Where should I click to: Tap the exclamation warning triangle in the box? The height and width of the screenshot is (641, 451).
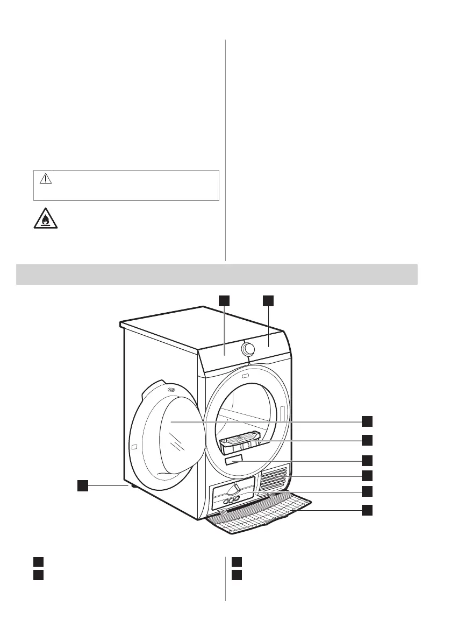[x=46, y=179]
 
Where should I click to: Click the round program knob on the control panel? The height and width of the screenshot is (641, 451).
[x=248, y=349]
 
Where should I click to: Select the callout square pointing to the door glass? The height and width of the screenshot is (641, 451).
[x=367, y=420]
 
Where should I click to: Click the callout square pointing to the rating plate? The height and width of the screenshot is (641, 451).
[x=367, y=460]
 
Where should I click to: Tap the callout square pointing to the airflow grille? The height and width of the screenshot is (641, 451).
[x=367, y=475]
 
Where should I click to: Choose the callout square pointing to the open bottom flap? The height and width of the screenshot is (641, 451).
[x=367, y=510]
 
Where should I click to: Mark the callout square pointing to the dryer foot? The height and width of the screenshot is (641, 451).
[x=82, y=486]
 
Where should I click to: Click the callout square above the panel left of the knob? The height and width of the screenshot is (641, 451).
[x=224, y=300]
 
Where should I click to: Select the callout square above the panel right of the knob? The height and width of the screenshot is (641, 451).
[x=268, y=300]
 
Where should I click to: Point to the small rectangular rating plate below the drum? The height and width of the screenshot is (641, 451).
[x=235, y=462]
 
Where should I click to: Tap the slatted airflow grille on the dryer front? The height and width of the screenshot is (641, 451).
[x=275, y=478]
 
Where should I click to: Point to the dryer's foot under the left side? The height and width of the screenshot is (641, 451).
[x=130, y=485]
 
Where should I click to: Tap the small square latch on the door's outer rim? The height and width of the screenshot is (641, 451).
[x=134, y=448]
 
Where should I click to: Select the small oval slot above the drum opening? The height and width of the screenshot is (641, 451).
[x=246, y=376]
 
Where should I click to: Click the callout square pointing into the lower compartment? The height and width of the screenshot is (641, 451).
[x=367, y=491]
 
